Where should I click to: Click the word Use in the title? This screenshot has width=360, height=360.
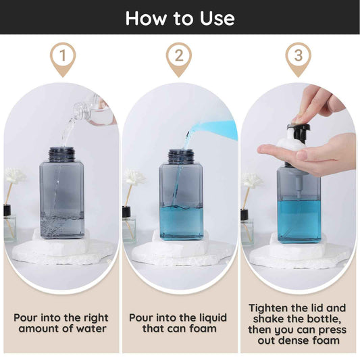(x=217, y=18)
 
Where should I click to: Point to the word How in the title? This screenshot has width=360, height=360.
(x=146, y=18)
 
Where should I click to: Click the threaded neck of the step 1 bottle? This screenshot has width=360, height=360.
(x=61, y=154)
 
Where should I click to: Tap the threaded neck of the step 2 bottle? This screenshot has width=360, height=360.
(x=181, y=155)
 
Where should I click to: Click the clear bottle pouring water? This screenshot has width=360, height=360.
(x=94, y=109)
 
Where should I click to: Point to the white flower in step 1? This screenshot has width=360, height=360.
(x=14, y=175)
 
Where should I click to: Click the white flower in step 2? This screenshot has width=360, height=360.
(x=134, y=177)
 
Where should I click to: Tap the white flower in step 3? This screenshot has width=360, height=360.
(x=251, y=180)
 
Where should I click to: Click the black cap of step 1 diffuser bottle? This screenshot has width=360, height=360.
(x=7, y=210)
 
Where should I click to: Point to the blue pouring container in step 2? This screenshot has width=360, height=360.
(x=213, y=130)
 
